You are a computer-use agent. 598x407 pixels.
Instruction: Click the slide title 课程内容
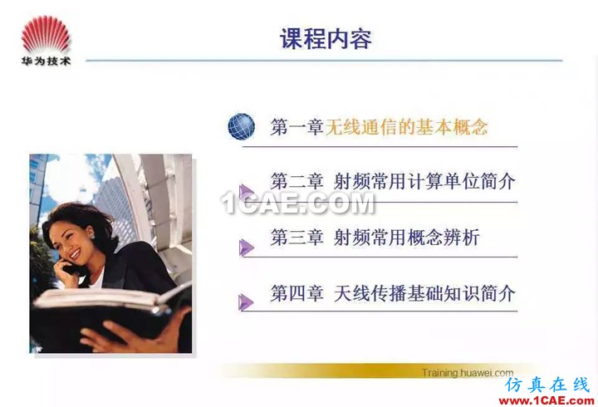click(x=326, y=38)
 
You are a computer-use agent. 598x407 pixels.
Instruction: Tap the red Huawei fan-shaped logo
click(x=46, y=34)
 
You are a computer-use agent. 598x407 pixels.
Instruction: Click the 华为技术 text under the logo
click(x=46, y=61)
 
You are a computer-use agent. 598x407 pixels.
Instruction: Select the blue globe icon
click(x=242, y=126)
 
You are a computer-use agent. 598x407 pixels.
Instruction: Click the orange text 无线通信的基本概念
click(x=406, y=126)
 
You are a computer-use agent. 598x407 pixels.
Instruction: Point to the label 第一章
click(x=297, y=126)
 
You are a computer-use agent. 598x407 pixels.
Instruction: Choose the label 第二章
click(x=297, y=181)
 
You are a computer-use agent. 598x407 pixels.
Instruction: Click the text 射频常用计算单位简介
click(x=424, y=181)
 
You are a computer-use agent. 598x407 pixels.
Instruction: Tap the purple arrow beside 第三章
click(x=247, y=248)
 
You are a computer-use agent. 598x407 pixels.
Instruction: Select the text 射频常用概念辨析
click(x=406, y=238)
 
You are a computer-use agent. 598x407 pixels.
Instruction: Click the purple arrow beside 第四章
click(x=246, y=302)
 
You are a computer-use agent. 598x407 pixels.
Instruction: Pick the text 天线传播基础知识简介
click(x=424, y=293)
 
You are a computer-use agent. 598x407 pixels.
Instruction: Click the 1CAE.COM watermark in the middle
click(x=298, y=203)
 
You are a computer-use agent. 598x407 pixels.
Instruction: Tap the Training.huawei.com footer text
click(x=468, y=373)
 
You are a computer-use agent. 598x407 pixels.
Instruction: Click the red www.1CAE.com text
click(x=547, y=400)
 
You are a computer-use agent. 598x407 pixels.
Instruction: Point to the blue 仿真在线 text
click(x=547, y=385)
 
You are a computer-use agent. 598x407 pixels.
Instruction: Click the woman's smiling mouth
click(x=75, y=254)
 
